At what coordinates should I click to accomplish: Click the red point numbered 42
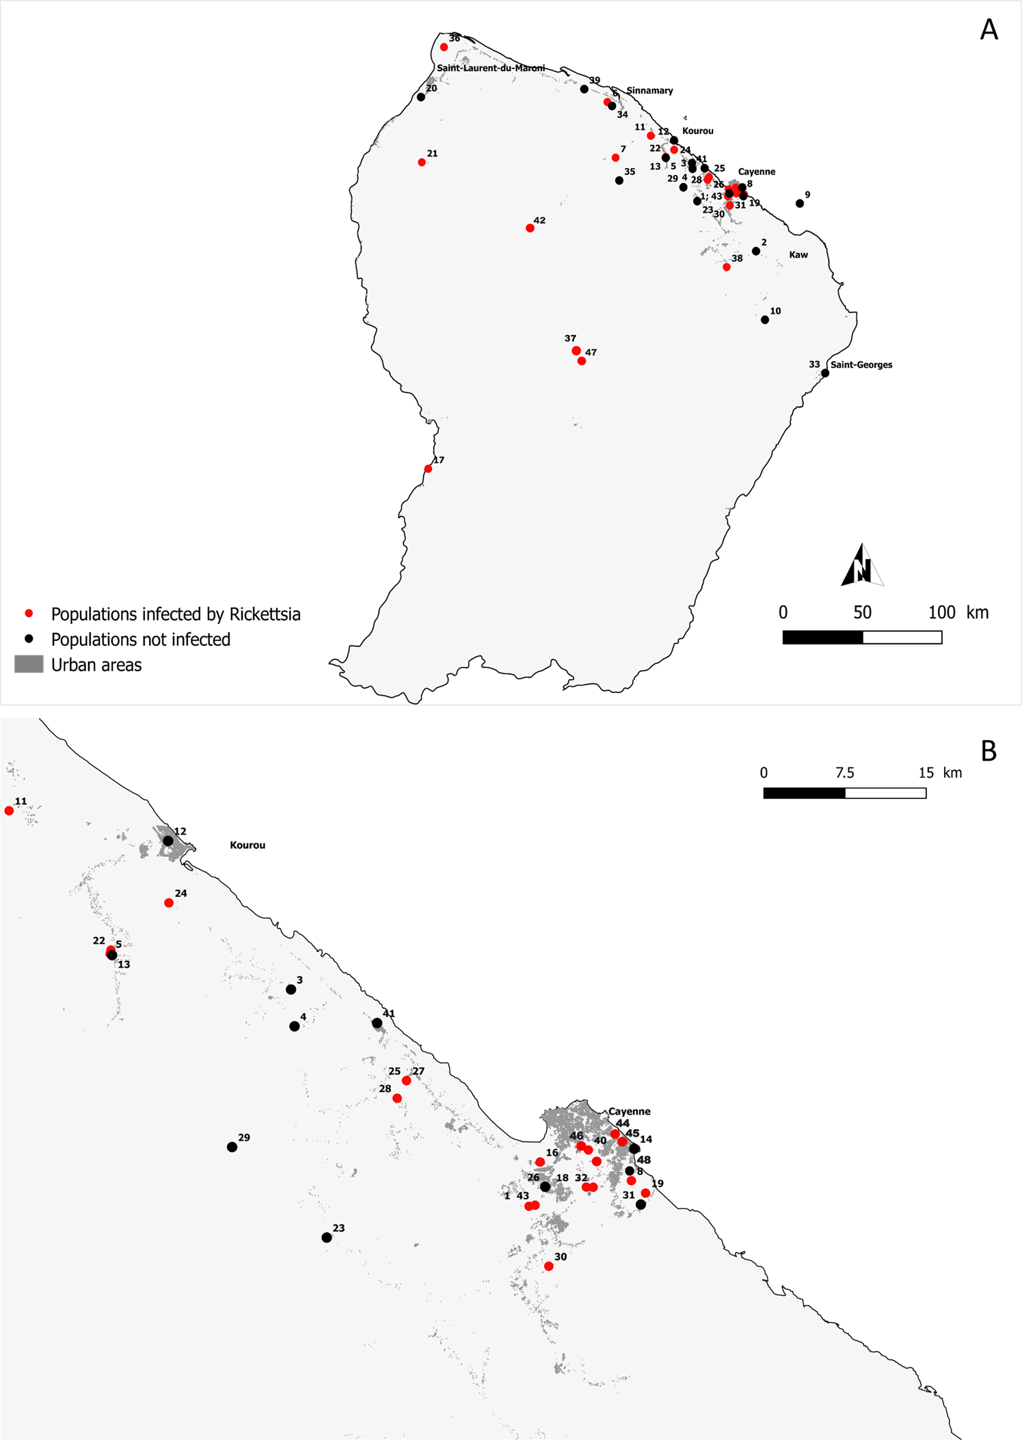coord(530,228)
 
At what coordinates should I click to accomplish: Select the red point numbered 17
coord(428,469)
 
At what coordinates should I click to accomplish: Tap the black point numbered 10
coord(765,320)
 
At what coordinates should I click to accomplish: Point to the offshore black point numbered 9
coord(800,204)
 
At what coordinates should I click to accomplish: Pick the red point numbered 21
coord(422,163)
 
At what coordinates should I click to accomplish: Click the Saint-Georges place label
coord(861,365)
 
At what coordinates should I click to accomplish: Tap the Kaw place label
coord(798,255)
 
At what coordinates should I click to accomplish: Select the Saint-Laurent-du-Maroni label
coord(491,68)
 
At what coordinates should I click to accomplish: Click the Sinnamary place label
coord(649,91)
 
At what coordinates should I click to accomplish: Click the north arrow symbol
coord(862,566)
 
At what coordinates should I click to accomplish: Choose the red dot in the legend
coord(29,613)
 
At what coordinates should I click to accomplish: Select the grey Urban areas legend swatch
coord(29,664)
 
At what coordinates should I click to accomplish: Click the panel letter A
coord(989,30)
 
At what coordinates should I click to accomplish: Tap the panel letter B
coord(989,751)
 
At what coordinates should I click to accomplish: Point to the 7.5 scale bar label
coord(844,773)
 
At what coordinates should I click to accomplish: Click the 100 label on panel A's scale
coord(941,612)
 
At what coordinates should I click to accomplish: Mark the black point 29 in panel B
coord(232,1147)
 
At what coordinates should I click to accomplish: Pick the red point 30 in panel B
coord(548,1266)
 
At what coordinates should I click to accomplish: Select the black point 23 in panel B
coord(327,1238)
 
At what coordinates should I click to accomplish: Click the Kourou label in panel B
coord(247,845)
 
